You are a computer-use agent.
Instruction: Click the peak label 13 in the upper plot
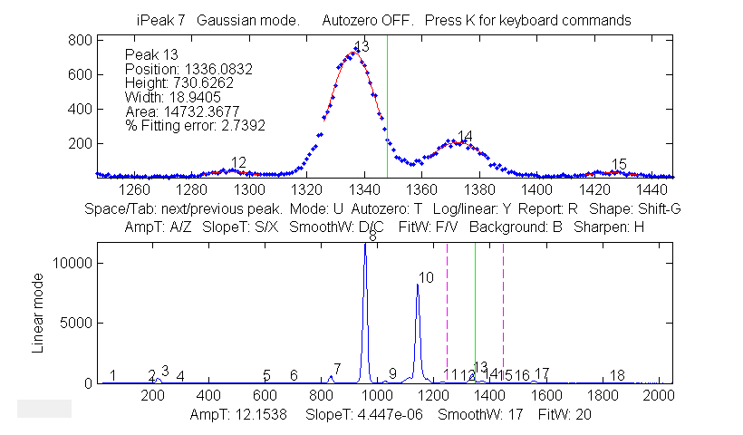click(x=362, y=46)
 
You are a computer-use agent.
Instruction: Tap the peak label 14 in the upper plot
click(x=465, y=137)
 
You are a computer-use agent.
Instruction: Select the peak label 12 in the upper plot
click(x=238, y=162)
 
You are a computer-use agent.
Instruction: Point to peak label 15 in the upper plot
click(x=619, y=164)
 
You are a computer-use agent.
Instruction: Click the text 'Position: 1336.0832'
click(x=188, y=69)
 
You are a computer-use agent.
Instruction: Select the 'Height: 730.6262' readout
click(x=179, y=82)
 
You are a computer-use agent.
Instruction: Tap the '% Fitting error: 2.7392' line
click(x=195, y=125)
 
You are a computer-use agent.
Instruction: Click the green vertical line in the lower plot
click(x=475, y=308)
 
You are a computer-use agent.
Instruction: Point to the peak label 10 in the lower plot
click(x=427, y=276)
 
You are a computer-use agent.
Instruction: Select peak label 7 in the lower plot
click(x=337, y=369)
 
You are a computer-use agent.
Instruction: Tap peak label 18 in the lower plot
click(x=618, y=375)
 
